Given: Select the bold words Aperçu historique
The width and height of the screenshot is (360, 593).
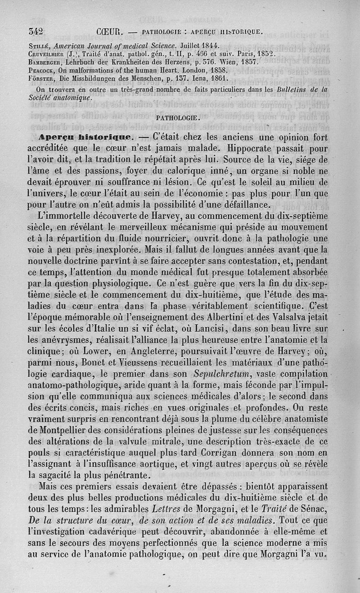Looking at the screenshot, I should (x=85, y=137).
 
